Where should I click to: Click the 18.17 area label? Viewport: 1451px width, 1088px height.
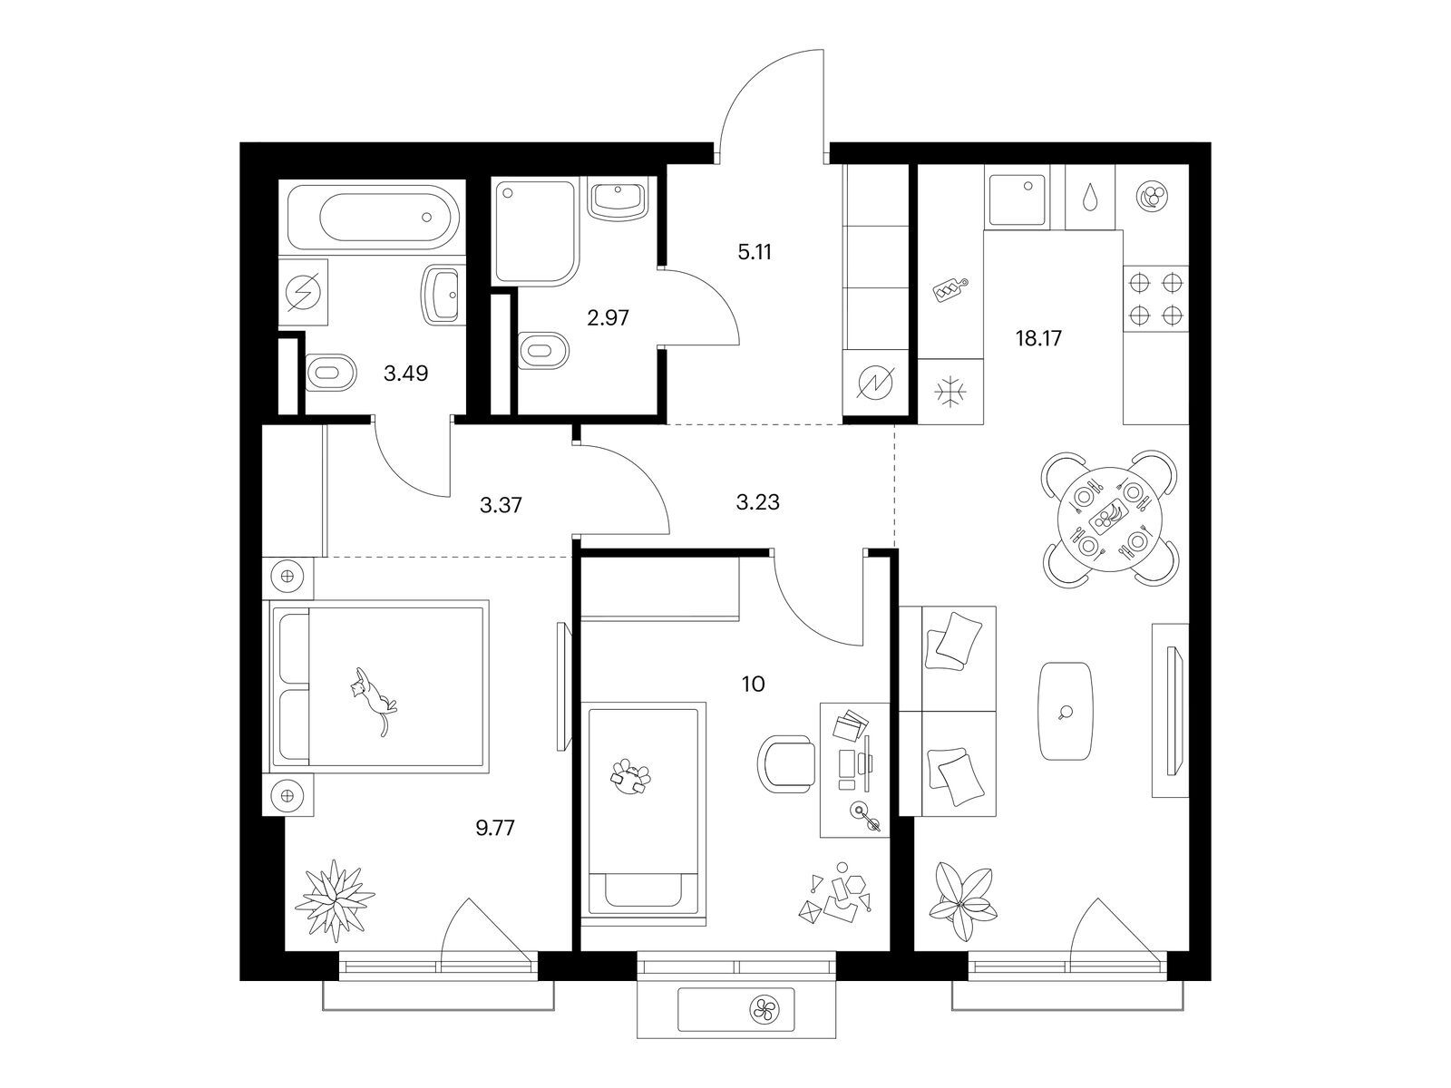coord(1037,339)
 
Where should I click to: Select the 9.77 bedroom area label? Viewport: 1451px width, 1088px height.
coord(494,828)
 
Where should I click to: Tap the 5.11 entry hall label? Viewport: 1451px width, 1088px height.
coord(755,252)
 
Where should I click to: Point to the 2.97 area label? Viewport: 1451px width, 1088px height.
coord(608,317)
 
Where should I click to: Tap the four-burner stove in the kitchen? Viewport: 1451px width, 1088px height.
coord(1154,299)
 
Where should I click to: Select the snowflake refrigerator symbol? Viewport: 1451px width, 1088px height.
coord(949,393)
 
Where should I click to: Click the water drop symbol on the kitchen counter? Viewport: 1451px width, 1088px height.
coord(1089,197)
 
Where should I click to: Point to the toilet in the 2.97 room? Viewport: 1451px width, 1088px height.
coord(544,349)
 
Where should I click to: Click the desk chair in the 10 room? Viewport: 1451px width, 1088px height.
coord(785,764)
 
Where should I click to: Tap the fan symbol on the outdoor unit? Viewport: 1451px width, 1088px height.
coord(764,1009)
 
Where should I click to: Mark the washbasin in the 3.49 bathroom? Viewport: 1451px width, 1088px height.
coord(440,296)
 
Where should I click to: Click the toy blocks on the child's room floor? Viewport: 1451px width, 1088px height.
coord(835,895)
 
